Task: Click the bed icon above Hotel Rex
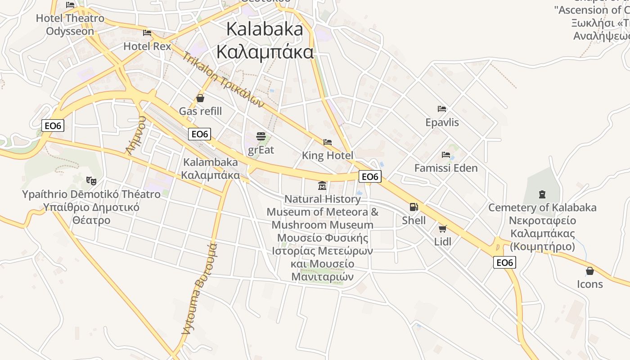[x=147, y=33]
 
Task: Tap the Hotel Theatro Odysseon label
[x=70, y=25]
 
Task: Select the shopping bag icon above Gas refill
[x=200, y=98]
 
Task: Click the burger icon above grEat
[x=261, y=136]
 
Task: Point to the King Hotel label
[x=328, y=156]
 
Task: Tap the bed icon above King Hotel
[x=328, y=142]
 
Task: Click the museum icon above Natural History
[x=322, y=186]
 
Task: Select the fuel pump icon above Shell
[x=414, y=207]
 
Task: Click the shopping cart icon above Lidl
[x=443, y=229]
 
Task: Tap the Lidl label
[x=443, y=242]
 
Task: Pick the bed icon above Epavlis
[x=442, y=109]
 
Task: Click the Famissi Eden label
[x=446, y=168]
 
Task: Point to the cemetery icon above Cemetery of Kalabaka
[x=542, y=194]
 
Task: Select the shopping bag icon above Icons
[x=589, y=271]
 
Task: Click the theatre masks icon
[x=91, y=180]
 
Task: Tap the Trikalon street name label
[x=222, y=80]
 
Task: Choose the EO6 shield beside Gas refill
[x=200, y=134]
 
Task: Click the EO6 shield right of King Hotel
[x=370, y=176]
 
